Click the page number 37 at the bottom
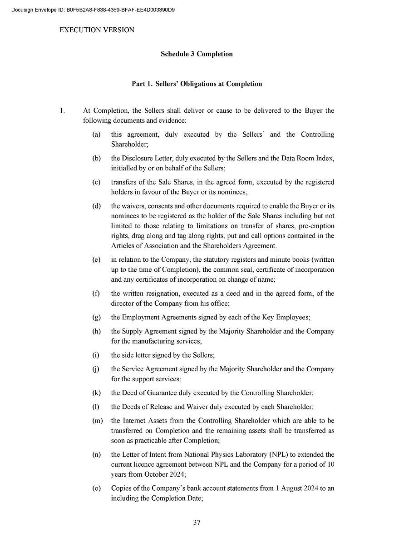pos(197,522)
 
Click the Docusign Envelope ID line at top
pos(94,10)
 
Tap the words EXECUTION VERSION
pos(97,30)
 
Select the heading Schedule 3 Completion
pos(197,54)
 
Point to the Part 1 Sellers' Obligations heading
pos(197,84)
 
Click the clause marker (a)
pos(96,135)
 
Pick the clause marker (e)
pos(96,260)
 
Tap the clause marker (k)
pos(96,393)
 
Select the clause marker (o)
pos(96,488)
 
